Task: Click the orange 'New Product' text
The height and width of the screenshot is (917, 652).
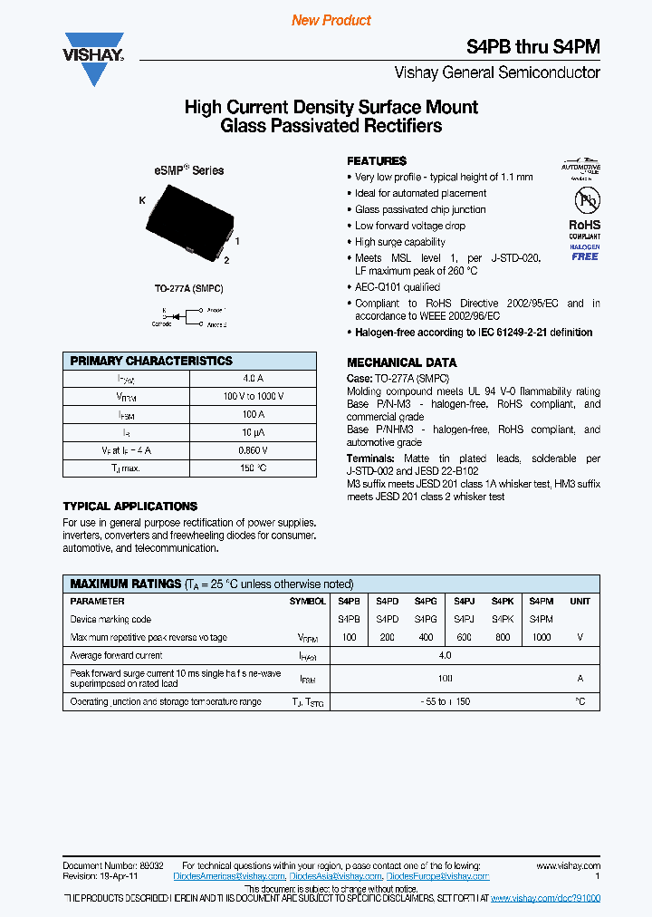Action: (331, 20)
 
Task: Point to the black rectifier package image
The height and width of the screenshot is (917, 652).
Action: (188, 216)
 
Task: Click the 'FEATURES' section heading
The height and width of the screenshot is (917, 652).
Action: (377, 159)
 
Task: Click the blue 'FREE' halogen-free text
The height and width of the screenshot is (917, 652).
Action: (584, 256)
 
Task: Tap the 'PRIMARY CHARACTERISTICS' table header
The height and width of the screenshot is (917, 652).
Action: (151, 361)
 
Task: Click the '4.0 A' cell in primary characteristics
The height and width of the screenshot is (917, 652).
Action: (254, 378)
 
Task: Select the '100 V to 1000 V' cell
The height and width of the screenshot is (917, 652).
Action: (254, 396)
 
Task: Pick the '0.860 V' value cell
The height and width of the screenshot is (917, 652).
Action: (254, 450)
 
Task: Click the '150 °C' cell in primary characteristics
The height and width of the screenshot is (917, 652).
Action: (254, 468)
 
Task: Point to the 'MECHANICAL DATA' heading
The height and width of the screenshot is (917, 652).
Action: (397, 362)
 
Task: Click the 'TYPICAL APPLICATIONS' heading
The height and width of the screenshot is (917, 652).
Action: (129, 507)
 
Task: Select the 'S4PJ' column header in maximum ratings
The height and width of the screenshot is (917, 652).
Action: (464, 602)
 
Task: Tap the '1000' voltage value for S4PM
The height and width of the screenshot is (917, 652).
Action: (541, 637)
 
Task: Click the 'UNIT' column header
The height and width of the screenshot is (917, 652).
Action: (580, 602)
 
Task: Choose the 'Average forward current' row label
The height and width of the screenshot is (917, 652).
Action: (117, 655)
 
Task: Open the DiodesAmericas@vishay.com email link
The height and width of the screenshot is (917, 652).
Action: (233, 876)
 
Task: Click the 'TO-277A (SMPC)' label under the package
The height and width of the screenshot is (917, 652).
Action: (188, 288)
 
